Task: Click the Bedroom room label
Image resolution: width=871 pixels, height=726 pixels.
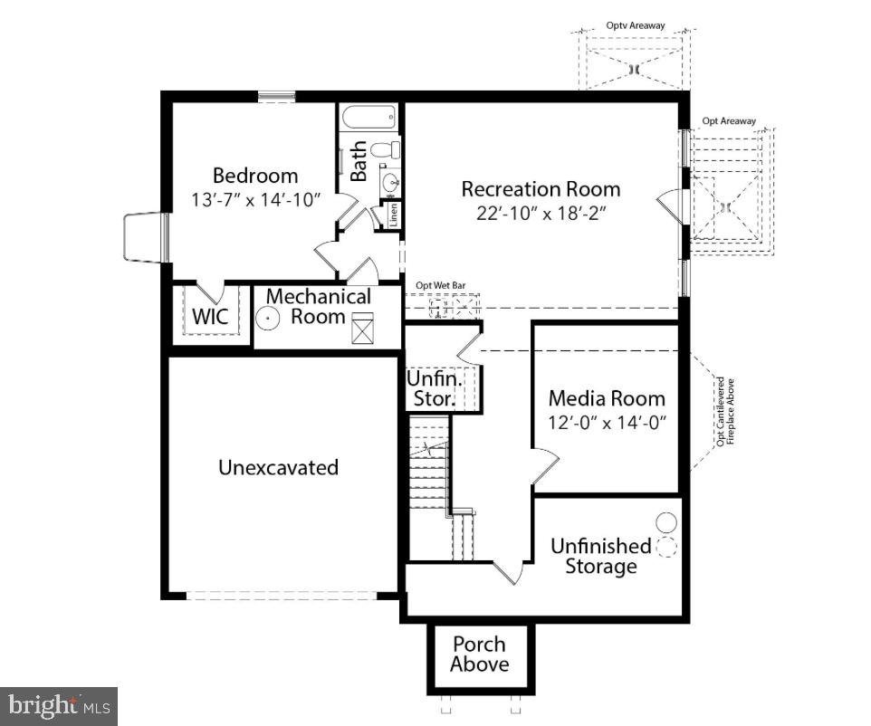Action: click(x=254, y=176)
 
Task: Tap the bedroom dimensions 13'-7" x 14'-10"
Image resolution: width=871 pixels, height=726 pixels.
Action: click(x=256, y=199)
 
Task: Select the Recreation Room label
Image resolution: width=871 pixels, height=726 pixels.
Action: click(x=541, y=189)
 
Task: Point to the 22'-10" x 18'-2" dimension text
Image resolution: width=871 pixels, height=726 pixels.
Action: click(x=541, y=214)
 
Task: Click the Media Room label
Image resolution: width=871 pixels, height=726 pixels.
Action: click(x=606, y=398)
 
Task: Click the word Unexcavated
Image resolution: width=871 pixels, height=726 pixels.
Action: click(x=278, y=467)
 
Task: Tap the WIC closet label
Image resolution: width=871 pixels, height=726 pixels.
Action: click(x=210, y=318)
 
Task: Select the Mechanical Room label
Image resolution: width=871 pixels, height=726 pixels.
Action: click(x=318, y=306)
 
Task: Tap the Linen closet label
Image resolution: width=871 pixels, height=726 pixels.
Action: click(x=394, y=215)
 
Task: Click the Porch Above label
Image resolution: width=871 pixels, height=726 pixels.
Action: click(x=480, y=654)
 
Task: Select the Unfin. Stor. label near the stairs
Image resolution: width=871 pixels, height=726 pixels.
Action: click(x=434, y=387)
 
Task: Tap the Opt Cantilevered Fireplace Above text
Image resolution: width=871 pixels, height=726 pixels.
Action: click(x=725, y=412)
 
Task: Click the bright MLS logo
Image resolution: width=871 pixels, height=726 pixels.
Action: click(x=58, y=704)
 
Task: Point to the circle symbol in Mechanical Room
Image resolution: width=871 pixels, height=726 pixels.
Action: click(x=268, y=319)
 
